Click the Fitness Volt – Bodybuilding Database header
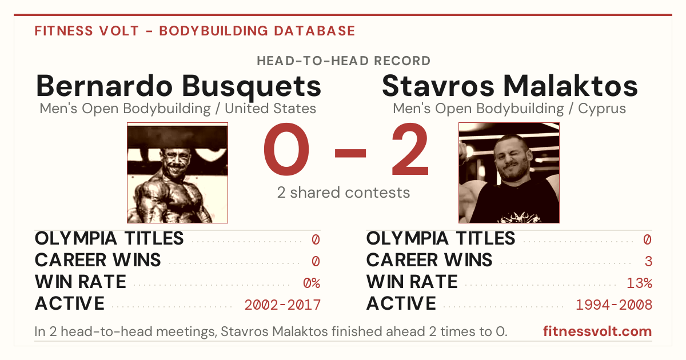pyautogui.click(x=195, y=31)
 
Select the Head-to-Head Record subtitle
pyautogui.click(x=344, y=61)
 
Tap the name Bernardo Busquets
pyautogui.click(x=178, y=87)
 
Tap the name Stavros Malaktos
pyautogui.click(x=509, y=86)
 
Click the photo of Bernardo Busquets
pyautogui.click(x=177, y=173)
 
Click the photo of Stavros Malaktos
pyautogui.click(x=509, y=173)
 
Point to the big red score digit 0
pyautogui.click(x=286, y=149)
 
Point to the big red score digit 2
pyautogui.click(x=410, y=149)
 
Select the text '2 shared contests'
pyautogui.click(x=344, y=193)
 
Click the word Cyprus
pyautogui.click(x=602, y=109)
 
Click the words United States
pyautogui.click(x=270, y=109)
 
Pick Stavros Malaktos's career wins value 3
pyautogui.click(x=648, y=261)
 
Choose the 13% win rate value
pyautogui.click(x=639, y=283)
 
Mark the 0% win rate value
pyautogui.click(x=312, y=283)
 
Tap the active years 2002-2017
pyautogui.click(x=282, y=305)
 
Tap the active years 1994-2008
pyautogui.click(x=614, y=305)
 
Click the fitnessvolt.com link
pyautogui.click(x=597, y=331)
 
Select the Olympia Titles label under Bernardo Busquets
pyautogui.click(x=109, y=238)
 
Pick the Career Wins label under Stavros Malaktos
pyautogui.click(x=429, y=260)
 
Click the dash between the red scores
pyautogui.click(x=350, y=153)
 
